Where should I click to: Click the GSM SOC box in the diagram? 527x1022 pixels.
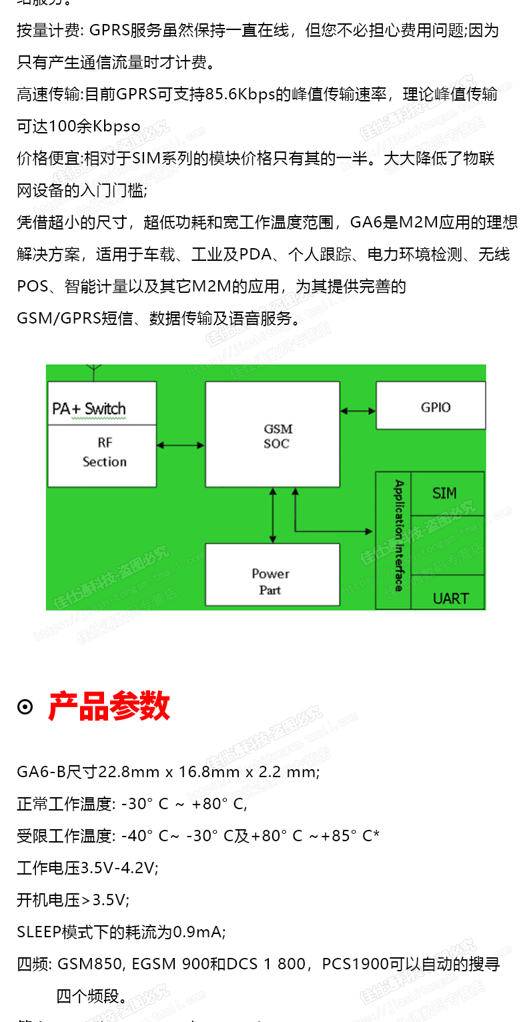click(272, 434)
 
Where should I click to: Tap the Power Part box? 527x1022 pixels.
click(272, 574)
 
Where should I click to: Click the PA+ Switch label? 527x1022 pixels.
click(89, 408)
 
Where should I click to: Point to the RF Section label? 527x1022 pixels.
click(104, 452)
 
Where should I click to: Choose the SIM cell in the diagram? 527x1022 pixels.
click(445, 493)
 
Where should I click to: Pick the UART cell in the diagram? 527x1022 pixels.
click(450, 598)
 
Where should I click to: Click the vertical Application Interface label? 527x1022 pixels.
click(399, 536)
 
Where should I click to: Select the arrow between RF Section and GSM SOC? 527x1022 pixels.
click(180, 445)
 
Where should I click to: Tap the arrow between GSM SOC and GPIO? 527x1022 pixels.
click(358, 411)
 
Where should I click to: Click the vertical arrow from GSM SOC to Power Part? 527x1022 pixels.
click(272, 515)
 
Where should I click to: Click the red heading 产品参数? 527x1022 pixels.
click(109, 706)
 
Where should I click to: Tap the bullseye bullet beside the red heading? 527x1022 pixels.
click(25, 707)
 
